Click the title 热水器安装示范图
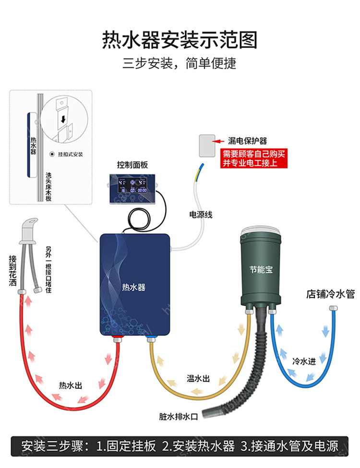point(180,40)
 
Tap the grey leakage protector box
point(207,145)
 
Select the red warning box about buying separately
point(254,158)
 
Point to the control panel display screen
point(132,186)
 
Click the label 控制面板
point(132,165)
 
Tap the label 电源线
point(201,215)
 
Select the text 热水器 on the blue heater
point(133,287)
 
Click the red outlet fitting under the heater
point(117,339)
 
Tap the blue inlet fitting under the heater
point(151,339)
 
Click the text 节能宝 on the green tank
point(261,269)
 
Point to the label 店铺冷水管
point(330,294)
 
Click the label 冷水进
point(304,361)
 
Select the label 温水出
point(198,378)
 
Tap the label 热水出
point(71,385)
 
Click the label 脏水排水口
point(178,416)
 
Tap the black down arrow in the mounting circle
point(63,120)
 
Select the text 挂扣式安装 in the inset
point(71,154)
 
